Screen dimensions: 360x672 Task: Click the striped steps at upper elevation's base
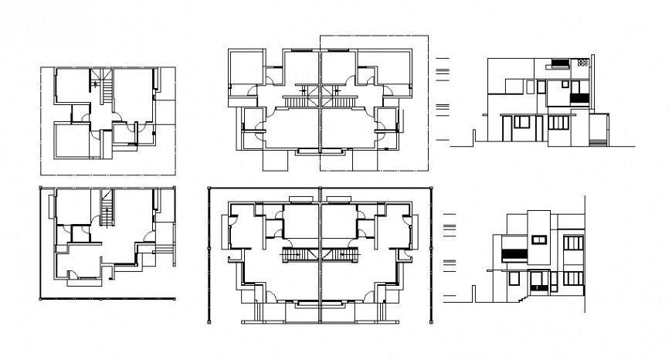pyautogui.click(x=598, y=141)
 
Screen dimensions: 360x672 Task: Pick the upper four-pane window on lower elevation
pyautogui.click(x=572, y=243)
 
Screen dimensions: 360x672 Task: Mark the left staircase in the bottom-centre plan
pyautogui.click(x=293, y=255)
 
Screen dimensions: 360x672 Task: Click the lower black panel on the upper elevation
pyautogui.click(x=579, y=99)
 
